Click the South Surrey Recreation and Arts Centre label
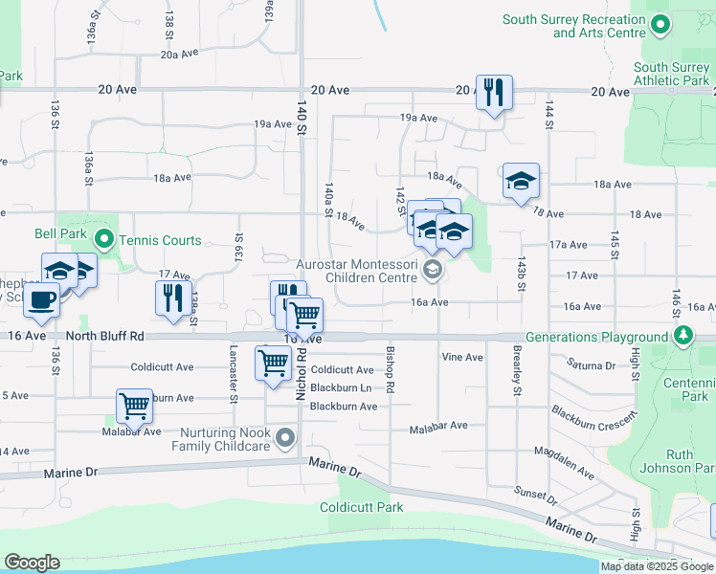coord(573,26)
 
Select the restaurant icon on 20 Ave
coord(494,93)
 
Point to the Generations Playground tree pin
coord(682,337)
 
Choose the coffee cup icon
coord(41,299)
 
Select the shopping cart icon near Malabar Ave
coord(134,406)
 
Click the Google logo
coord(32,563)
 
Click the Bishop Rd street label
coord(390,373)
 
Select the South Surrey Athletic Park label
coord(671,74)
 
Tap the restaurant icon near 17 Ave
coord(173,298)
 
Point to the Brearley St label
coord(517,371)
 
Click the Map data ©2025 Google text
coord(656,565)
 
